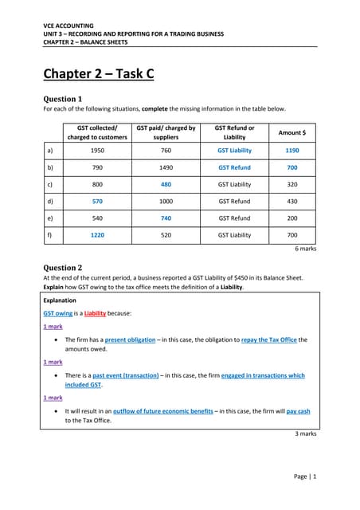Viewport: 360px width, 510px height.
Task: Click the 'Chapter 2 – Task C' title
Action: tap(98, 76)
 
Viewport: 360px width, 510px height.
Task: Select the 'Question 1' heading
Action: tap(65, 99)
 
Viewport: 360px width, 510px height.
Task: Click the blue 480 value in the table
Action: tap(166, 182)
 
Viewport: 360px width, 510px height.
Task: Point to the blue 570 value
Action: tap(99, 202)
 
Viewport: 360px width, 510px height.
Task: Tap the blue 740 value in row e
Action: tap(166, 218)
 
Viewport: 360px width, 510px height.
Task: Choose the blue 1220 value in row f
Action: tap(98, 235)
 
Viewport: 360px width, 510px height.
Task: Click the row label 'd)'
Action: tap(52, 202)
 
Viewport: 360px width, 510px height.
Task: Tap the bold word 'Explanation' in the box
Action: tap(61, 301)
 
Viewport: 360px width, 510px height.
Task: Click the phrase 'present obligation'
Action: tap(131, 339)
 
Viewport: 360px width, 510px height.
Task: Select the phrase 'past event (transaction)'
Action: tap(124, 375)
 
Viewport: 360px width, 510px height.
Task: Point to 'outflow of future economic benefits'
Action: tap(163, 411)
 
